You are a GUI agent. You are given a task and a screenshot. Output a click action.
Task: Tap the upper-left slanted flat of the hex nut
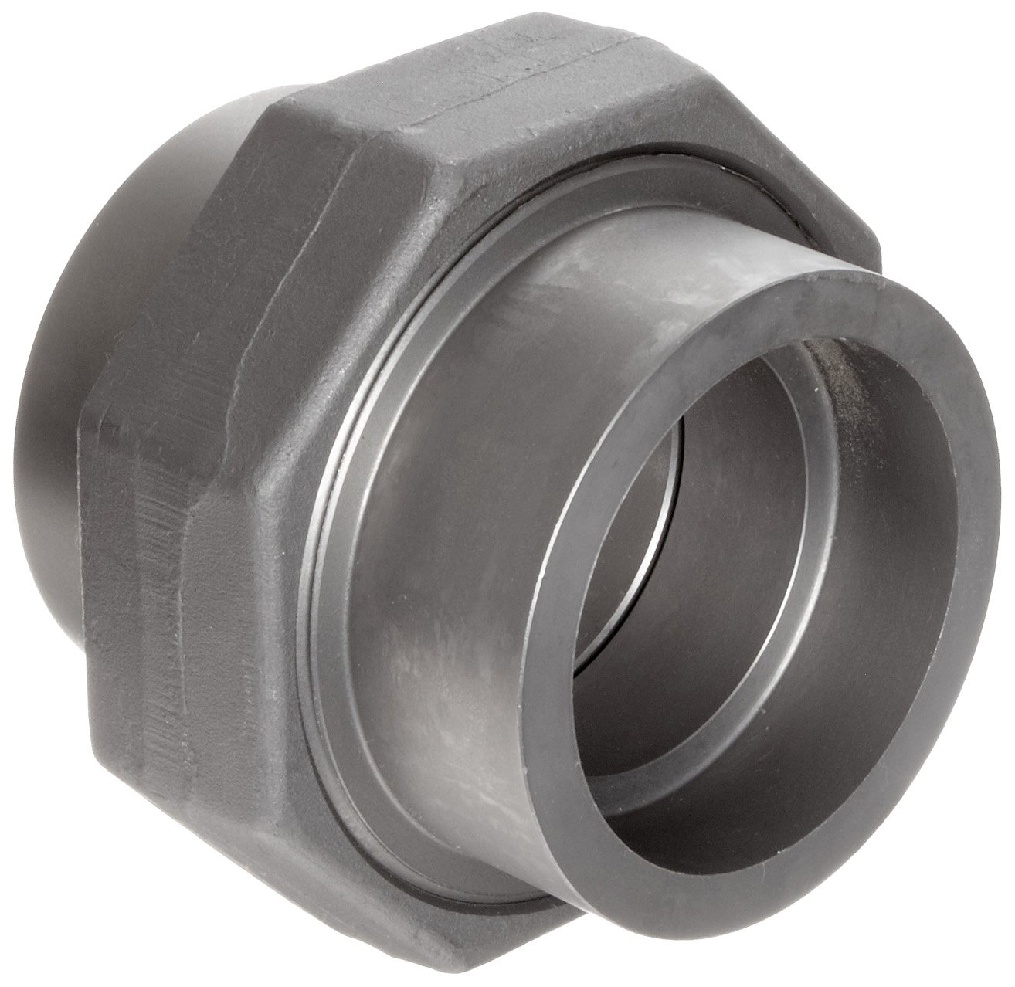click(324, 131)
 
